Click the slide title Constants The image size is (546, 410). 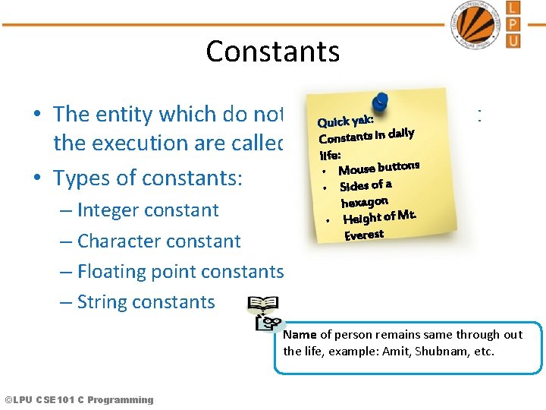click(272, 51)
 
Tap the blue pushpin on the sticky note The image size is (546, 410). click(380, 102)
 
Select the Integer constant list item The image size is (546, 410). click(148, 210)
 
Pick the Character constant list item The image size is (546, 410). click(158, 241)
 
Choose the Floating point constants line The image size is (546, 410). click(180, 271)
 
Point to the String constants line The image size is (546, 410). click(146, 301)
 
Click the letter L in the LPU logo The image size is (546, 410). click(513, 9)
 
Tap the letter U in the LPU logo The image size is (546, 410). click(513, 39)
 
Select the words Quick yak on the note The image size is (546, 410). click(344, 120)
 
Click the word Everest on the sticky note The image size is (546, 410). click(364, 235)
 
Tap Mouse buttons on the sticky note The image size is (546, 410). click(378, 167)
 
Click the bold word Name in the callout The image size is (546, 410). click(300, 334)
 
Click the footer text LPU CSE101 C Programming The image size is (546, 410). click(79, 400)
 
